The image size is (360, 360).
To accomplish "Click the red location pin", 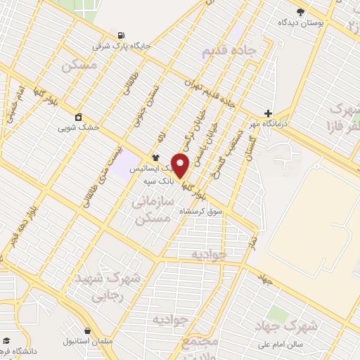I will pyautogui.click(x=181, y=166).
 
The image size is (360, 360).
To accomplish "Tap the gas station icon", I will pyautogui.click(x=123, y=35).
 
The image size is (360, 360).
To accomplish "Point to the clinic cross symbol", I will pyautogui.click(x=267, y=112).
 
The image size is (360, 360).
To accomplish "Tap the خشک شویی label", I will pyautogui.click(x=79, y=129).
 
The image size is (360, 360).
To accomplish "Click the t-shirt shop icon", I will pyautogui.click(x=155, y=157).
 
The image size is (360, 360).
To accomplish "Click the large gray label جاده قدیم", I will pyautogui.click(x=229, y=50).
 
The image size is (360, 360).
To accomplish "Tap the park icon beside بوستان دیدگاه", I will pyautogui.click(x=301, y=11).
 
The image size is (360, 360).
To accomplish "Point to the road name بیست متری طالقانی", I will pyautogui.click(x=98, y=176).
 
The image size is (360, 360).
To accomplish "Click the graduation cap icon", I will pyautogui.click(x=6, y=340).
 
